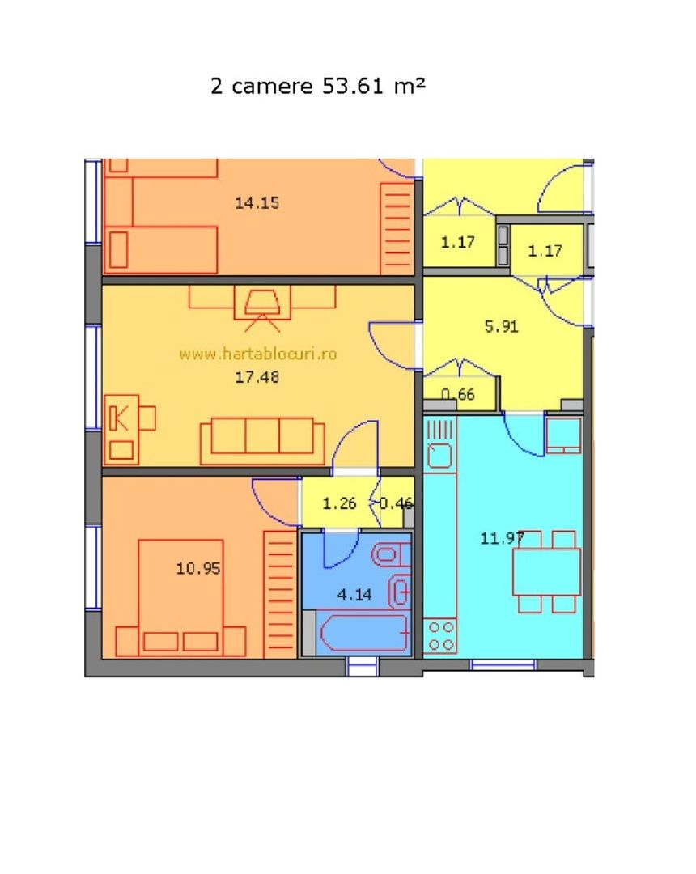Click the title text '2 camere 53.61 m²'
tap(317, 86)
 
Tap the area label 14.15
tap(257, 203)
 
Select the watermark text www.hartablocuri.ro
tap(257, 353)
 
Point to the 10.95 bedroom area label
tap(198, 568)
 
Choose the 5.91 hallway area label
tap(501, 327)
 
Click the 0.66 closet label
tap(458, 396)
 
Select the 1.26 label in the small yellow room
tap(339, 503)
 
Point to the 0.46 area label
tap(397, 503)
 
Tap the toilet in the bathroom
tap(392, 555)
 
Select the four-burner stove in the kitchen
tap(441, 635)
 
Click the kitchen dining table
tap(546, 572)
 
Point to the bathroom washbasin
tap(400, 592)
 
